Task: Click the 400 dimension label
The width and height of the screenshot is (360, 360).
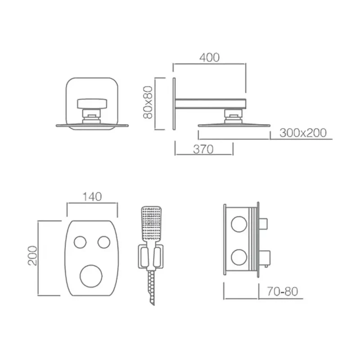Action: click(209, 58)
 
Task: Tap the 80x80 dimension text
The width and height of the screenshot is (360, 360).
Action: click(148, 103)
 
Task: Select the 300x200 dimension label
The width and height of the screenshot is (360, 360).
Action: click(303, 133)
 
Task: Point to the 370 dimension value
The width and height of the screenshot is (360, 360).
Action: click(203, 149)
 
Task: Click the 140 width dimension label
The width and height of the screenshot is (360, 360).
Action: click(92, 197)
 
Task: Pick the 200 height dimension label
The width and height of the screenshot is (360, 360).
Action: click(32, 256)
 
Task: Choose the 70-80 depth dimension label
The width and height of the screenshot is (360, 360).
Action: click(283, 291)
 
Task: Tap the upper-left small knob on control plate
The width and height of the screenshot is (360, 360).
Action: click(80, 242)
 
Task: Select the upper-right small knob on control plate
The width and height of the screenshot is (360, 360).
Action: click(104, 242)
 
